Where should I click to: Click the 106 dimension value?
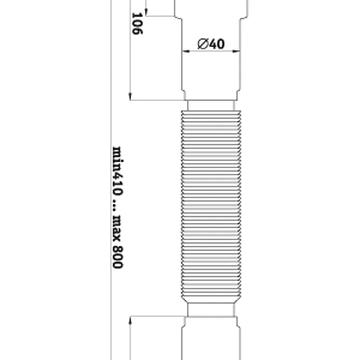(137, 23)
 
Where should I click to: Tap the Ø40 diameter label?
(211, 44)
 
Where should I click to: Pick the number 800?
(118, 256)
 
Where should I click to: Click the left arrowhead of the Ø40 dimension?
(186, 51)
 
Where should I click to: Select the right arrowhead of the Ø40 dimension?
(236, 51)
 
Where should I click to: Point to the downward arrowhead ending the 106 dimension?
(130, 96)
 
